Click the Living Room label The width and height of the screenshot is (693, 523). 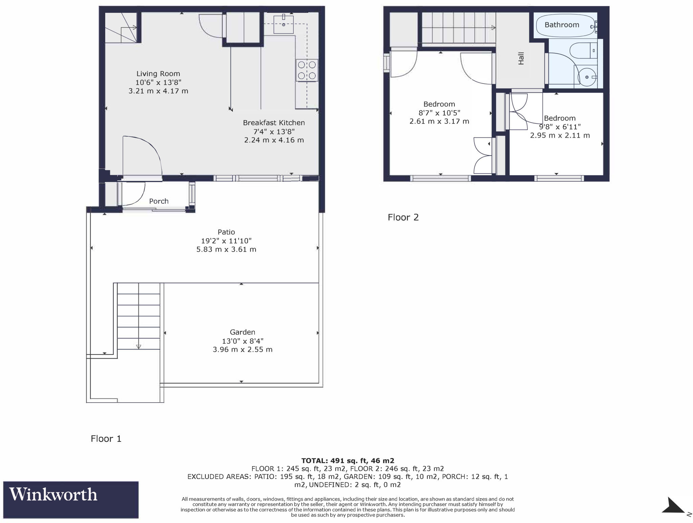(x=158, y=74)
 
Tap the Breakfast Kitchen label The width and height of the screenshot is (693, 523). (x=274, y=123)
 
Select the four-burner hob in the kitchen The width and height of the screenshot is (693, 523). (x=307, y=70)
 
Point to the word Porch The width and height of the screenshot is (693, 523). (x=159, y=201)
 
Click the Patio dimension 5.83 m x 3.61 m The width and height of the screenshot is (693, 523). (x=226, y=250)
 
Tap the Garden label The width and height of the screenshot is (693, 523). (x=242, y=332)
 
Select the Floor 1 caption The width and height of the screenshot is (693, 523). (x=106, y=439)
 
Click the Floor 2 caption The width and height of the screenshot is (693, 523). (x=403, y=218)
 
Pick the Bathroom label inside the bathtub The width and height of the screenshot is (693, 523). (x=562, y=25)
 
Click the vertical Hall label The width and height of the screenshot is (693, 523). (x=521, y=58)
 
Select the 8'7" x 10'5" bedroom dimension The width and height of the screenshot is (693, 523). (x=439, y=113)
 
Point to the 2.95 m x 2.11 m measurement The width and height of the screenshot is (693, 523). (x=560, y=136)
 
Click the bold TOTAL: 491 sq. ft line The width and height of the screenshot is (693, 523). (x=348, y=461)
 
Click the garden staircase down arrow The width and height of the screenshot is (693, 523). (x=138, y=346)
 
